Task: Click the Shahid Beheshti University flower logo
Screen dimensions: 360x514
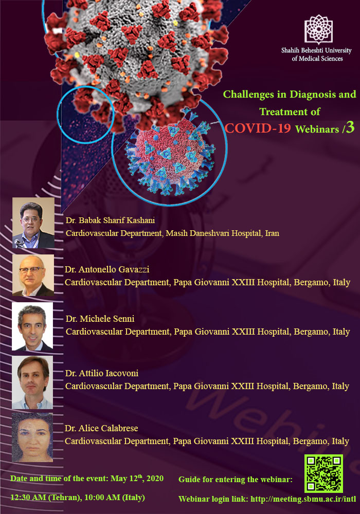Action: pyautogui.click(x=318, y=29)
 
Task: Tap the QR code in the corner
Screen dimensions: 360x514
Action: pyautogui.click(x=323, y=473)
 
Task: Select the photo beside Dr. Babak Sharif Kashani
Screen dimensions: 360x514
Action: pyautogui.click(x=33, y=223)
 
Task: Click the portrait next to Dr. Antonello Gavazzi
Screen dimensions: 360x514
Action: pyautogui.click(x=33, y=276)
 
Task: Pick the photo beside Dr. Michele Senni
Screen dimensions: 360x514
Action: pyautogui.click(x=32, y=326)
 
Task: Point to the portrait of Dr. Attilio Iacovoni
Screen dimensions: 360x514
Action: pyautogui.click(x=32, y=382)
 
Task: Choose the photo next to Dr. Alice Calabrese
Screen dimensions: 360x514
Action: pyautogui.click(x=32, y=437)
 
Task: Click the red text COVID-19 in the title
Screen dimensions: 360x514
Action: pyautogui.click(x=258, y=128)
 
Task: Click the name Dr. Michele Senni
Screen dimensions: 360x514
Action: pyautogui.click(x=100, y=319)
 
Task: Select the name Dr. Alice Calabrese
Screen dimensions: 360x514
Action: pyautogui.click(x=101, y=428)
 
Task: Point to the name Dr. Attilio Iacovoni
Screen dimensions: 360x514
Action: pyautogui.click(x=102, y=373)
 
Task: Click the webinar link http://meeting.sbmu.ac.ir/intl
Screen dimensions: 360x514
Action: pyautogui.click(x=303, y=499)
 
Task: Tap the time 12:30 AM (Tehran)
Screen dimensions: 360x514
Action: pyautogui.click(x=46, y=497)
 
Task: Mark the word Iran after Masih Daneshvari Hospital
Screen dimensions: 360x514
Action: pyautogui.click(x=272, y=233)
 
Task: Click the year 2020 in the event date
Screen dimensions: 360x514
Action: pyautogui.click(x=155, y=478)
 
